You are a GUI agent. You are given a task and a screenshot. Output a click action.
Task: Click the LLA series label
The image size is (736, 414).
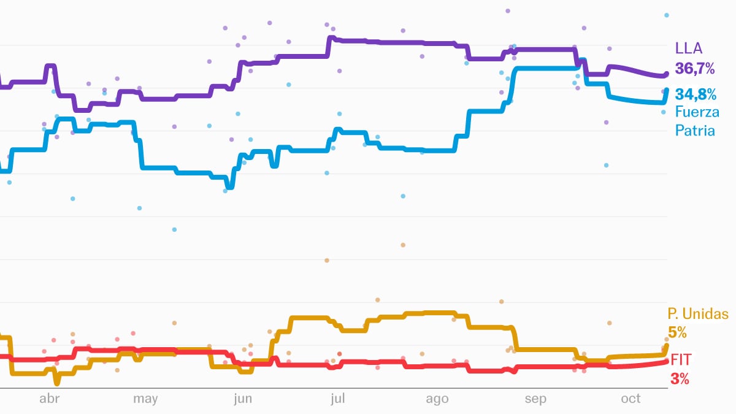(689, 49)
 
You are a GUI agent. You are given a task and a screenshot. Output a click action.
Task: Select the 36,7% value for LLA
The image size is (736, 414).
(695, 69)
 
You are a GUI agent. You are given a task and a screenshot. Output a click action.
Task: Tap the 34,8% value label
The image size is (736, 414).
(696, 94)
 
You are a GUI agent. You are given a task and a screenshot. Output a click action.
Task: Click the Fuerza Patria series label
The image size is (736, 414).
(697, 121)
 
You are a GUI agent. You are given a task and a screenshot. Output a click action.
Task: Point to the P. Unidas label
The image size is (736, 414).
(698, 315)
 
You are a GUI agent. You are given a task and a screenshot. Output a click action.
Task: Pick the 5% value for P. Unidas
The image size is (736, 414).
(677, 333)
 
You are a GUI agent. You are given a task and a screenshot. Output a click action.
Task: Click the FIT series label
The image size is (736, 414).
(681, 359)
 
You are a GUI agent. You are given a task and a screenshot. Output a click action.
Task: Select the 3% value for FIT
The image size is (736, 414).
(680, 379)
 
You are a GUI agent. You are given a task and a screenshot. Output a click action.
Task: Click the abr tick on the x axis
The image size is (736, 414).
(49, 399)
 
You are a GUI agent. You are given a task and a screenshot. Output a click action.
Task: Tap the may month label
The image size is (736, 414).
(145, 399)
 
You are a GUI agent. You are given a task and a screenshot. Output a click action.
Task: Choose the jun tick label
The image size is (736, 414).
(243, 399)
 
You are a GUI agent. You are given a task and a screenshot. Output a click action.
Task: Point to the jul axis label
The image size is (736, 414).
(337, 399)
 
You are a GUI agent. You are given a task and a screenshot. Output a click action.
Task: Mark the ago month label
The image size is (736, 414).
(437, 399)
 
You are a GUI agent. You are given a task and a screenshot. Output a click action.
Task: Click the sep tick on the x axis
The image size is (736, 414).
(535, 399)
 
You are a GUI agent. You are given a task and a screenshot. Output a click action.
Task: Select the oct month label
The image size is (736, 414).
(631, 399)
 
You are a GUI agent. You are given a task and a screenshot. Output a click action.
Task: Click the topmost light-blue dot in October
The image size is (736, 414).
(667, 15)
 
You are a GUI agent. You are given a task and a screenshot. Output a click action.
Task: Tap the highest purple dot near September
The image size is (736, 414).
(508, 11)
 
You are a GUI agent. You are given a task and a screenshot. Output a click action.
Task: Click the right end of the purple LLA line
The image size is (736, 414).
(667, 74)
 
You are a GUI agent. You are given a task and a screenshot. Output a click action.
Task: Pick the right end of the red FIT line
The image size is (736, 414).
(667, 362)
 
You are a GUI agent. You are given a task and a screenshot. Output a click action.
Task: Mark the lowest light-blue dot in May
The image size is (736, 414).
(174, 229)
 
